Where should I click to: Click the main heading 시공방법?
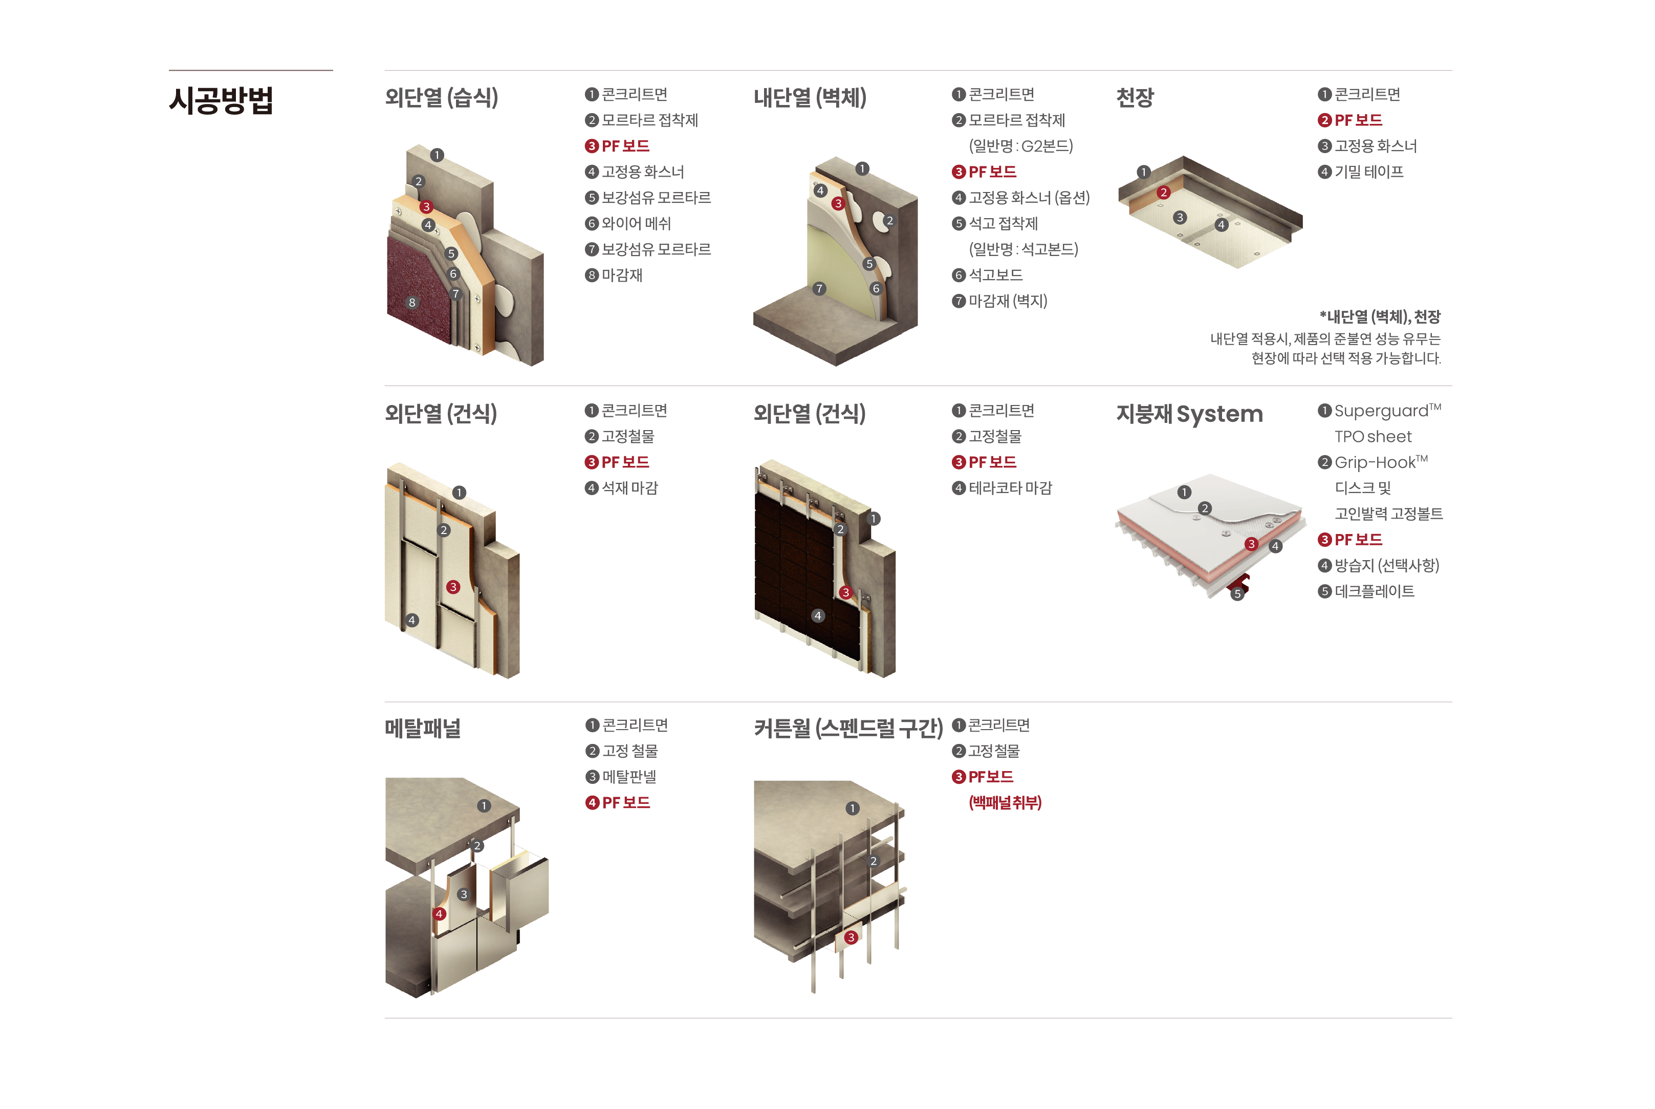tap(221, 100)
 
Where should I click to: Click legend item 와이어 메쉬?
tap(636, 224)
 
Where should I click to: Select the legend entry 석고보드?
tap(995, 275)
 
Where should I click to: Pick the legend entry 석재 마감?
tap(629, 488)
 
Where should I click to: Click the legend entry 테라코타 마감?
tap(1010, 488)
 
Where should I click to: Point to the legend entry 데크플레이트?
tap(1374, 591)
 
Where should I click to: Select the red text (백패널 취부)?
tap(1005, 803)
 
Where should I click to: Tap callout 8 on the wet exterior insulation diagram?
tap(412, 303)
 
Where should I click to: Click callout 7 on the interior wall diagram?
tap(819, 289)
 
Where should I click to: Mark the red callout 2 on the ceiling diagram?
tap(1164, 193)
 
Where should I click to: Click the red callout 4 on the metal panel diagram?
tap(439, 914)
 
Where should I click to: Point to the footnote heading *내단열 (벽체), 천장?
tap(1379, 317)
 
